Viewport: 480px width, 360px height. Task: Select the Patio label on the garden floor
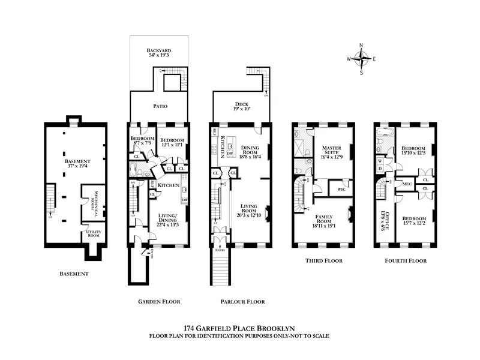click(159, 106)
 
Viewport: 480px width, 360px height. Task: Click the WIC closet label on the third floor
click(341, 189)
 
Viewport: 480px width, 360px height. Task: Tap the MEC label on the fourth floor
click(406, 184)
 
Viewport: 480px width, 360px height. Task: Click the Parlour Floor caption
click(242, 302)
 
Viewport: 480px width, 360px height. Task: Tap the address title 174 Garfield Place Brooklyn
click(239, 329)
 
